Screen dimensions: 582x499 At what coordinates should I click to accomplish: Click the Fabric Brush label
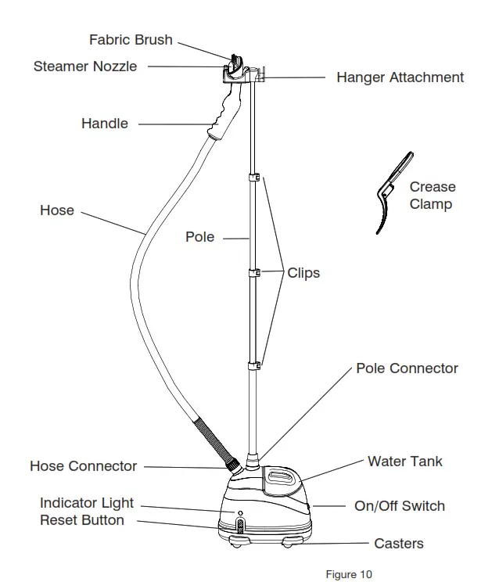tap(131, 40)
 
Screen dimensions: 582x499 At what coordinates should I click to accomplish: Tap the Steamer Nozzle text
tap(84, 66)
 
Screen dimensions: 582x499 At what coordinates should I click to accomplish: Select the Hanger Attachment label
tap(400, 77)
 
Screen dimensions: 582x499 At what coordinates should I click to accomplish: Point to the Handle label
tap(105, 124)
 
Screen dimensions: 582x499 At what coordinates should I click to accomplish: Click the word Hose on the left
tap(57, 210)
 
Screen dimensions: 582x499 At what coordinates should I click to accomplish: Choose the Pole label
tap(199, 237)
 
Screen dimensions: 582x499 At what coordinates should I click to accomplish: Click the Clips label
tap(303, 274)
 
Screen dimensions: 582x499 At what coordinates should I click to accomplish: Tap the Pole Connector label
tap(407, 368)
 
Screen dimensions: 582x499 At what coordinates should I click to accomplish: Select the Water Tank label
tap(404, 462)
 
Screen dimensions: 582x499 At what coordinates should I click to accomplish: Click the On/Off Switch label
tap(400, 506)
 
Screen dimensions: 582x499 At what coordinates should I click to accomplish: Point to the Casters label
tap(399, 544)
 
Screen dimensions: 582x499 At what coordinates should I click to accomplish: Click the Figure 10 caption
tap(349, 575)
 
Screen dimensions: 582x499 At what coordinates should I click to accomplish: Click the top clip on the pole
tap(253, 179)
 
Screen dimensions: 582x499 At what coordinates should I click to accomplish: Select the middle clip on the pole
tap(253, 272)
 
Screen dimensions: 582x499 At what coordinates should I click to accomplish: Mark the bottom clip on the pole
tap(253, 365)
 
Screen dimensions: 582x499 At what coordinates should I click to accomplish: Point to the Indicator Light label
tap(87, 503)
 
